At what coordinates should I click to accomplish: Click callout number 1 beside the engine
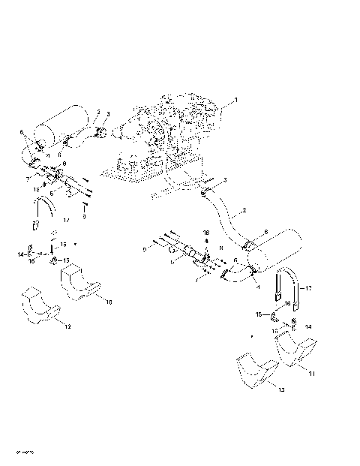tap(235, 100)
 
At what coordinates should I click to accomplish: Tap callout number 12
tap(67, 327)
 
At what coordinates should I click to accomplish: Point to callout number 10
tap(109, 302)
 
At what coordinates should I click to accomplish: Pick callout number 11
tap(312, 372)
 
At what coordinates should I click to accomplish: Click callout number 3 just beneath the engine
tap(225, 181)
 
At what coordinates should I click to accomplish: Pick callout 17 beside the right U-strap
tap(308, 287)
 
